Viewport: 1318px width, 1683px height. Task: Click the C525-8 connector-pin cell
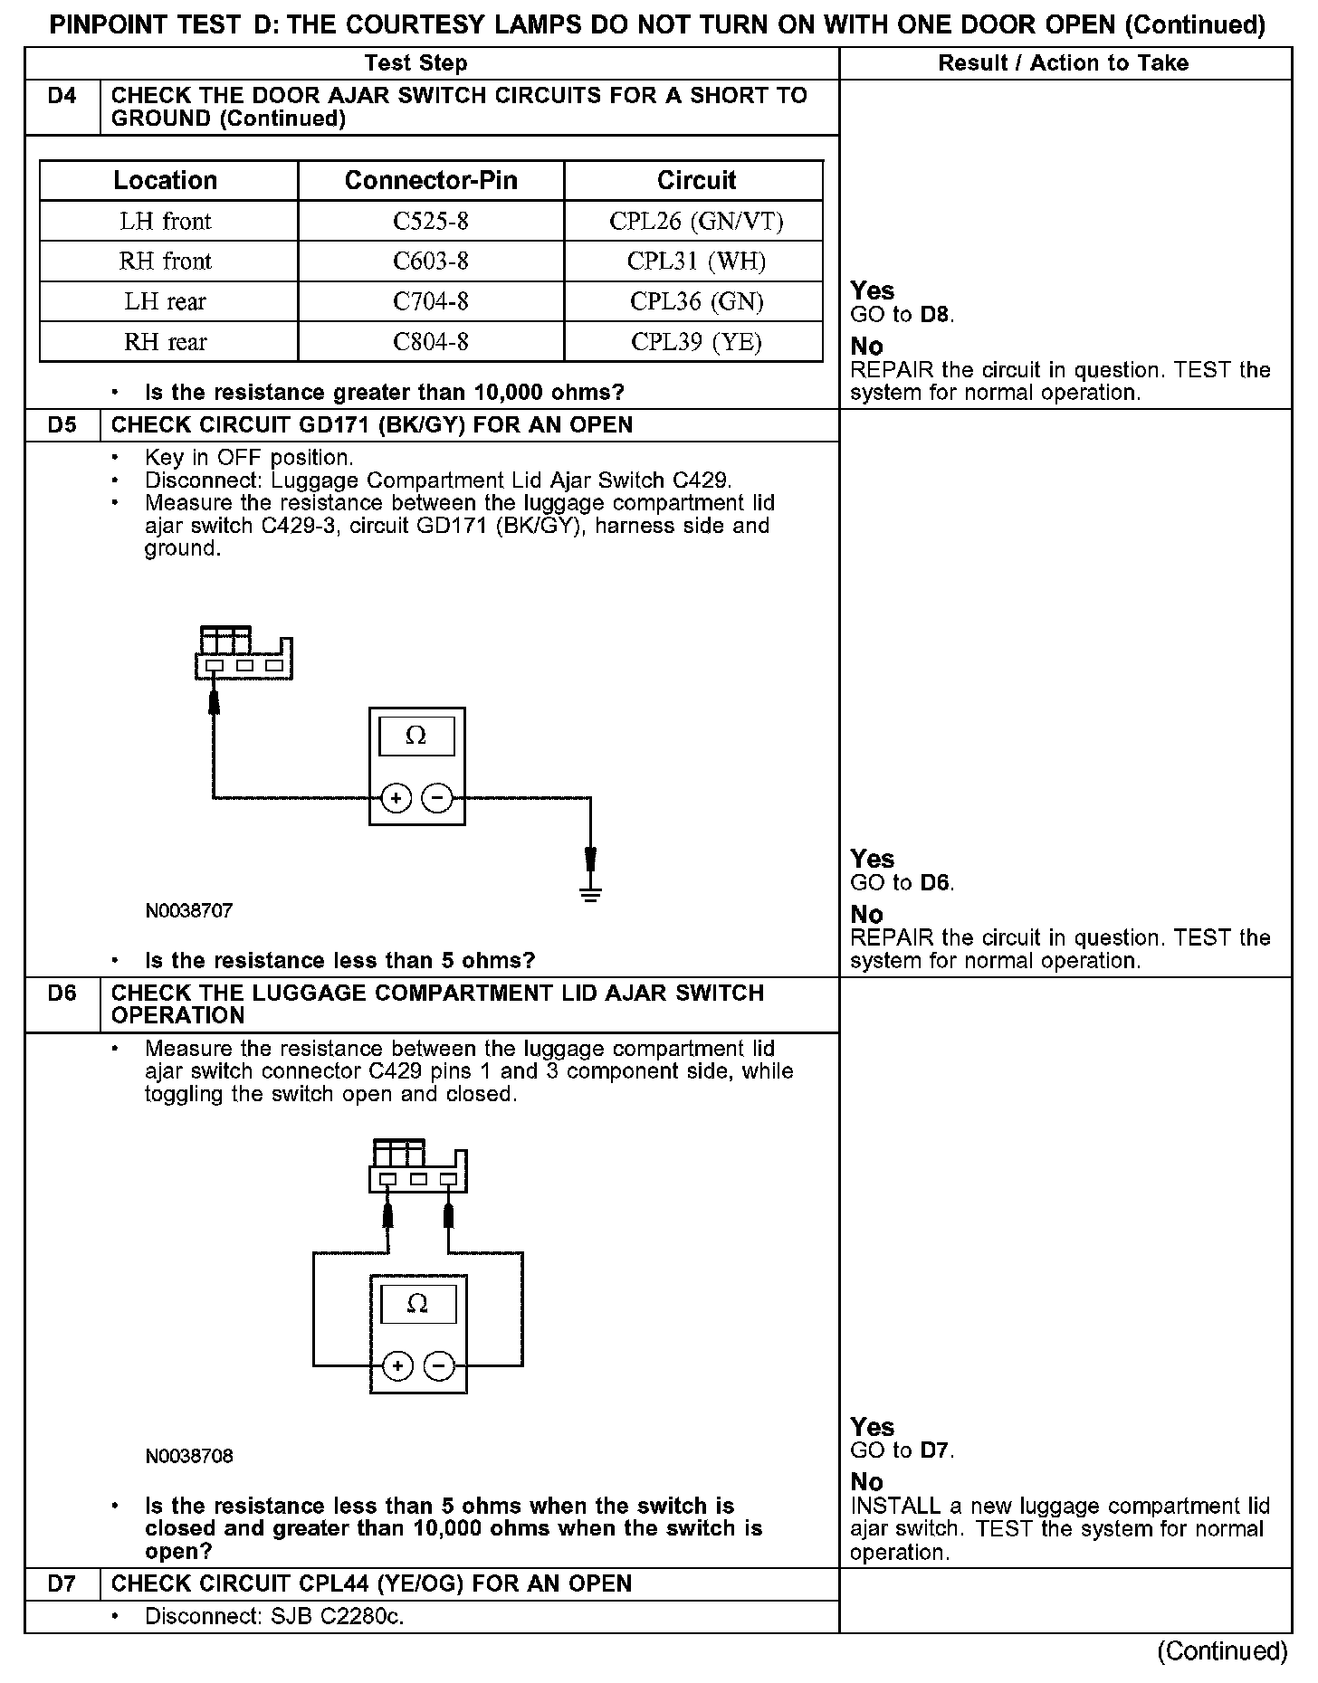tap(430, 221)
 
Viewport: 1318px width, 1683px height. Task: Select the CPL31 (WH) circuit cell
tap(696, 261)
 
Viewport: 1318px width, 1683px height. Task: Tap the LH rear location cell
tap(166, 301)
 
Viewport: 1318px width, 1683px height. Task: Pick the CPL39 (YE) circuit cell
tap(696, 342)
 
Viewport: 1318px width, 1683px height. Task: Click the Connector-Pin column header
tap(431, 180)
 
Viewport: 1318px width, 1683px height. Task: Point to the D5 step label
tap(62, 425)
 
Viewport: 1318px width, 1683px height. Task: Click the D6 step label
tap(62, 994)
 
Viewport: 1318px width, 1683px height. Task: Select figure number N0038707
tap(189, 911)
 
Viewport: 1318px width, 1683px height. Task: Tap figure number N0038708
tap(189, 1456)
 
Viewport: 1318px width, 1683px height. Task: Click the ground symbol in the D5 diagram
tap(590, 895)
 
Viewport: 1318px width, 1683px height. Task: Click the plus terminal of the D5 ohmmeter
tap(396, 798)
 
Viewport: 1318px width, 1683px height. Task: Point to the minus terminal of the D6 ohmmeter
tap(439, 1366)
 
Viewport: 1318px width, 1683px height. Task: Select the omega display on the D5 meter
tap(416, 736)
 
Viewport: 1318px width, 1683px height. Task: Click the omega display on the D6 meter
tap(417, 1304)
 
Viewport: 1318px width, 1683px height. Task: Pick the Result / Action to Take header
tap(1063, 63)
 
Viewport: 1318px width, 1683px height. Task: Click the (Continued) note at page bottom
tap(1222, 1651)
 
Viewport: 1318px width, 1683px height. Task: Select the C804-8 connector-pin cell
tap(430, 342)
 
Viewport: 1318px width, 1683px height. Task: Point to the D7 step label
tap(62, 1584)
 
